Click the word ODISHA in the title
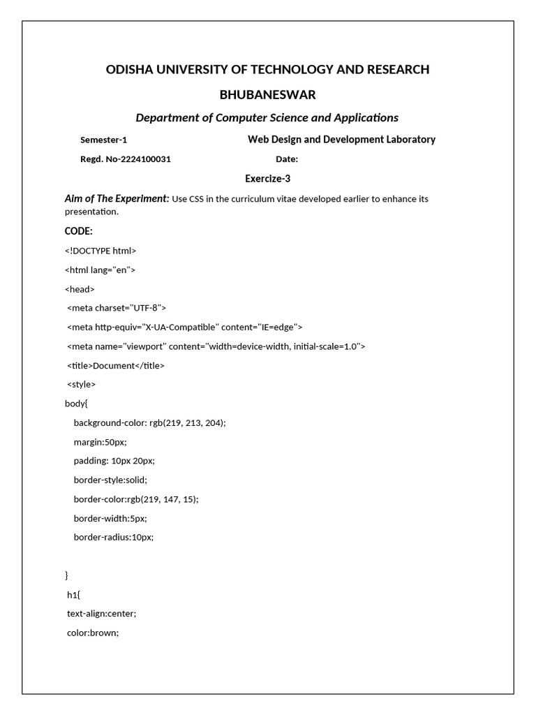coord(130,69)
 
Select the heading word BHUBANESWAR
coord(267,94)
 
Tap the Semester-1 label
coord(104,140)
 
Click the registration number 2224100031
coord(146,159)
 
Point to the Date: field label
coord(287,159)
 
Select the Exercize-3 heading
coord(267,179)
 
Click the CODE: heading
coord(79,231)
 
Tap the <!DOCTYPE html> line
coord(100,251)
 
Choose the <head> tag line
coord(80,288)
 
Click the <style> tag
coord(82,384)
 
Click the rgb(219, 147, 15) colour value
coord(163,499)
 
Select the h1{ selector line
coord(74,594)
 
